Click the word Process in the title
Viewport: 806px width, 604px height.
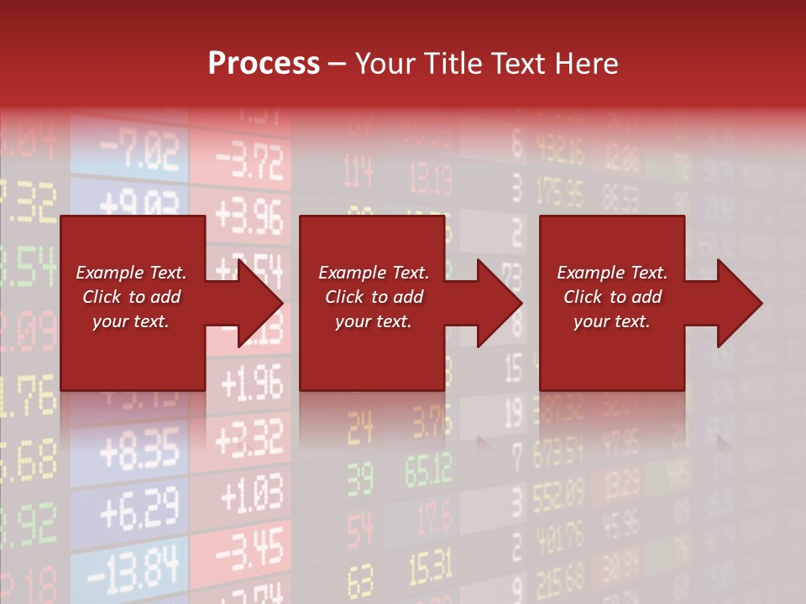point(264,64)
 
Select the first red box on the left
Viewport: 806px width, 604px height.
point(132,303)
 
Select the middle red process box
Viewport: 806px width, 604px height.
point(371,303)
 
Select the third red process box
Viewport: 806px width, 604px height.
point(611,303)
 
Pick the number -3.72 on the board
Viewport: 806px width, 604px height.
point(250,164)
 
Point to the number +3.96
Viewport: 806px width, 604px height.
point(249,217)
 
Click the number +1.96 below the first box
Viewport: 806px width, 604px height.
point(252,384)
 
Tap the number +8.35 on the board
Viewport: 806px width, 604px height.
point(139,451)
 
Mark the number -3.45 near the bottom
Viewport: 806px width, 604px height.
point(250,550)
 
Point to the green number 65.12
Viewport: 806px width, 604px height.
point(429,472)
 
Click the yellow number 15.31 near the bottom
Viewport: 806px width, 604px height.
point(429,570)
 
